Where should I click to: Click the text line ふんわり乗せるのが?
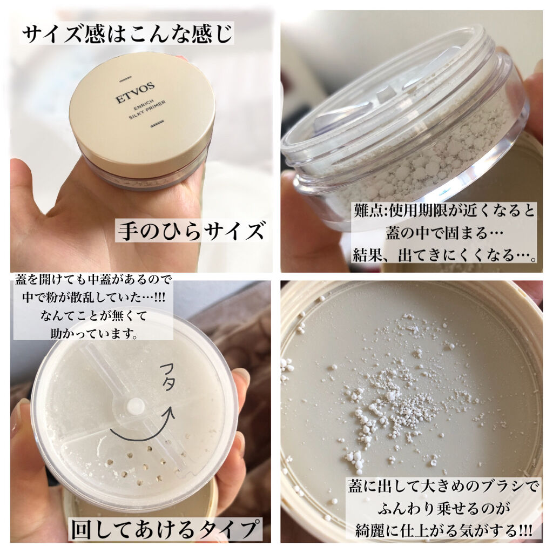pos(443,509)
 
